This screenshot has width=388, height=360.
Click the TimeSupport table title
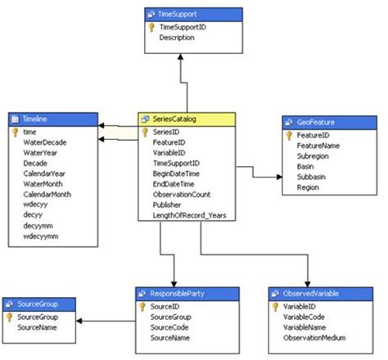[177, 14]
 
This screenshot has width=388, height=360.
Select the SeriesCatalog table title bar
[187, 118]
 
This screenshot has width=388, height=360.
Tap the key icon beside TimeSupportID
[151, 27]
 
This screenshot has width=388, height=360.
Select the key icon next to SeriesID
[145, 131]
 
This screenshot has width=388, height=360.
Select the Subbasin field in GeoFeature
[312, 177]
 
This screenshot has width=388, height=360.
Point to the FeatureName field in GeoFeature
[318, 145]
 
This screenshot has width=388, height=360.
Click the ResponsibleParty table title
[180, 291]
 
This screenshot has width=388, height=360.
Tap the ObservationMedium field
[319, 337]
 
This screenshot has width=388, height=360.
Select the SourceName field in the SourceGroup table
[36, 326]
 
